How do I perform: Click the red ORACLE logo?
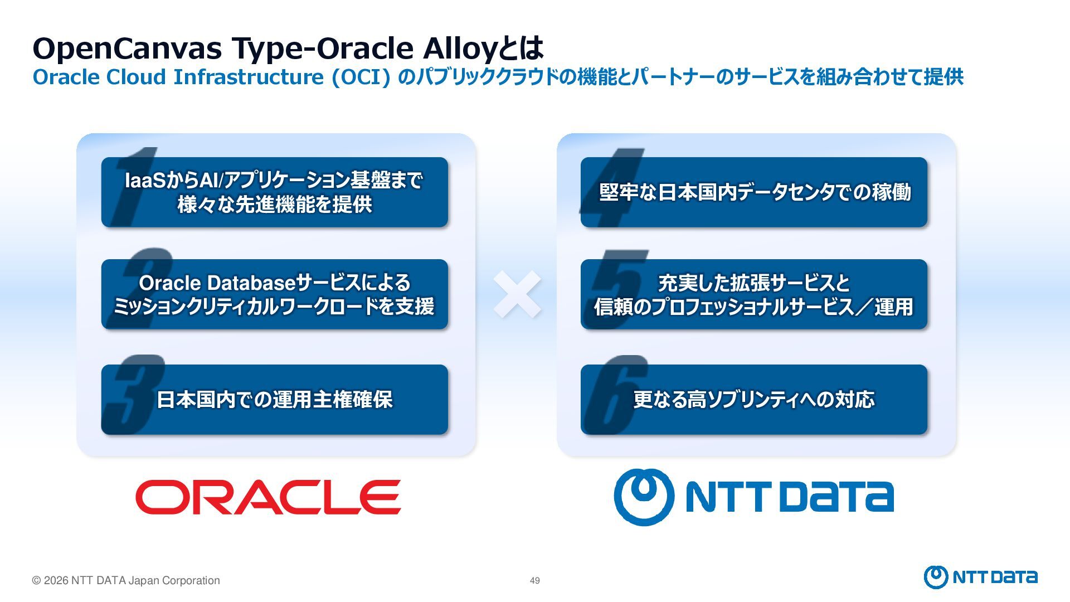[x=268, y=497]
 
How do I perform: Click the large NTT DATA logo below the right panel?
[x=754, y=497]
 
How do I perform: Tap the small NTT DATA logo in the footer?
[x=980, y=577]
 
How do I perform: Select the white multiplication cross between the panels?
[x=517, y=294]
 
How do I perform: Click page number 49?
[x=534, y=581]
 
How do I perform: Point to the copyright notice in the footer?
[x=126, y=581]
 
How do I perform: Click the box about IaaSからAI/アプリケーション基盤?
[x=274, y=192]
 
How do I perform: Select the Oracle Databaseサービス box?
[x=274, y=294]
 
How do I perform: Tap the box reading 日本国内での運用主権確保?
[x=274, y=400]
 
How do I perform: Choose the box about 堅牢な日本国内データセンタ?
[x=754, y=192]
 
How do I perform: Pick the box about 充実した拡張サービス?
[x=754, y=294]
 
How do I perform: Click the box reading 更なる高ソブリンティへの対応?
[x=754, y=400]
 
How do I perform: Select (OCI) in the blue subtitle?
[x=361, y=77]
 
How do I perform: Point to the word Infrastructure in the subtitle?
[x=249, y=77]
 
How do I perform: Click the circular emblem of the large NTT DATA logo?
[x=644, y=497]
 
